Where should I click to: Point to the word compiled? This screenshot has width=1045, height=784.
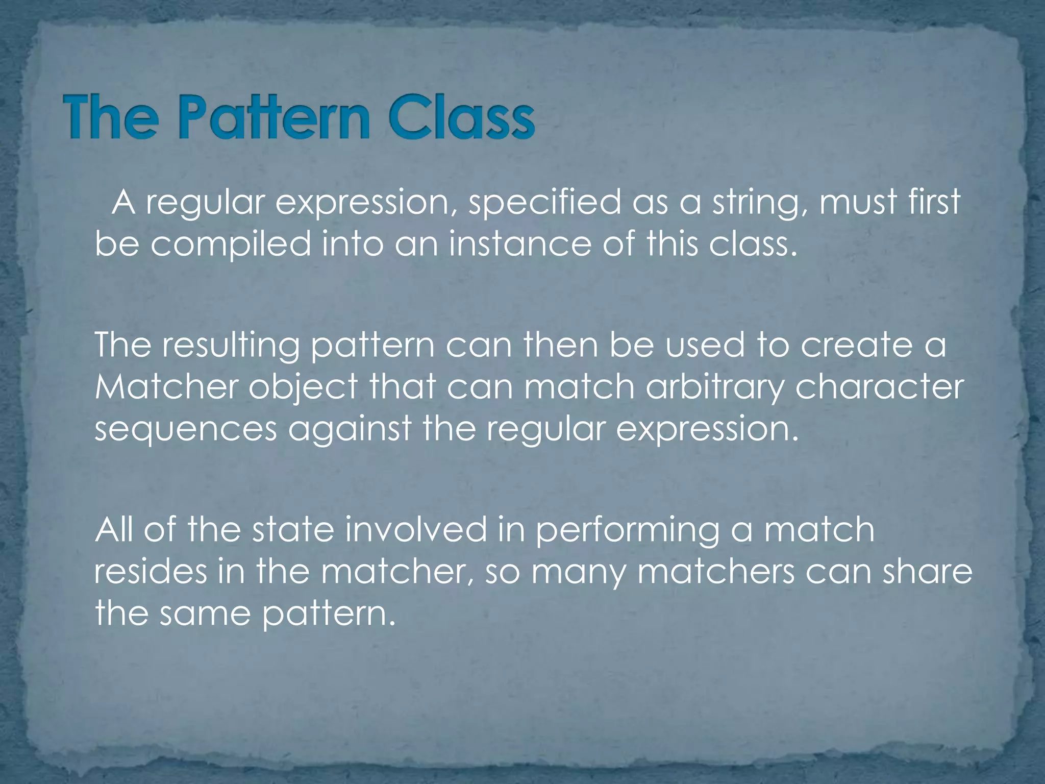231,244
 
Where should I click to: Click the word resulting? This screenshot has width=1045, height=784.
231,346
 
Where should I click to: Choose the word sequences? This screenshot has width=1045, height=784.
186,430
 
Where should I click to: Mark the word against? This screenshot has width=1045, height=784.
350,430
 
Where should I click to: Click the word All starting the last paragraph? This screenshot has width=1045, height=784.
114,529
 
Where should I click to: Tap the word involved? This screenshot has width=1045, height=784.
416,529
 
